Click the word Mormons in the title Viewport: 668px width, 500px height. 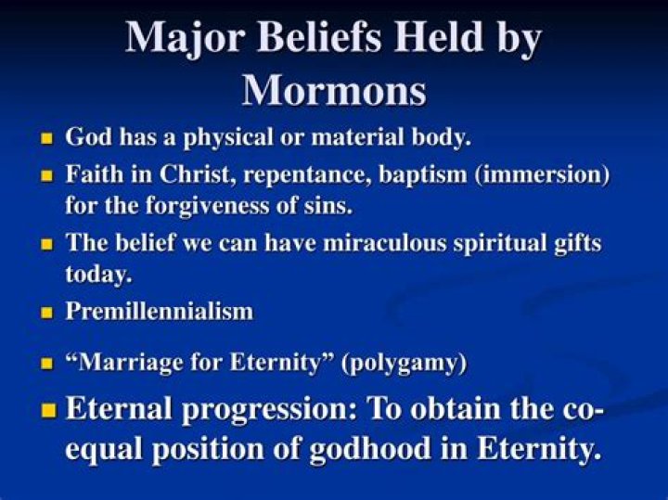click(334, 89)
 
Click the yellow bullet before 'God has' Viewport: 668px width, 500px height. click(47, 139)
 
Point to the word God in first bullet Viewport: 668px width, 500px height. click(85, 137)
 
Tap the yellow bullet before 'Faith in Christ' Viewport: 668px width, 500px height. click(47, 174)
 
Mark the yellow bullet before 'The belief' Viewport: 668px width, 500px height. click(47, 245)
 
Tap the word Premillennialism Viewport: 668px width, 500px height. click(159, 312)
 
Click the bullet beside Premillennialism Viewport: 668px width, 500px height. click(47, 314)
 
